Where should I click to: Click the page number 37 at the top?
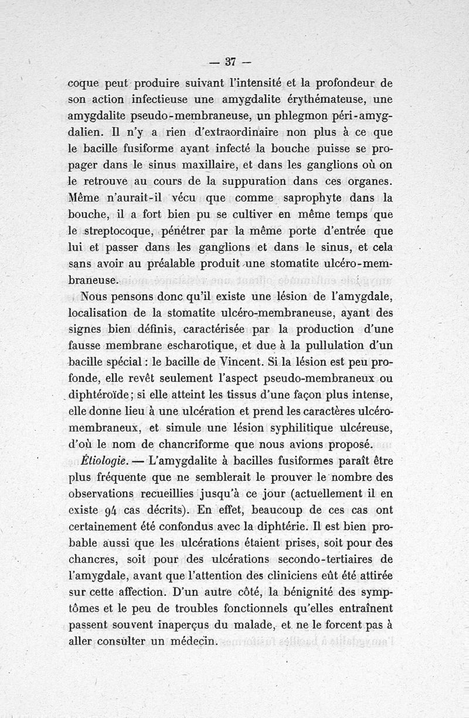(x=230, y=61)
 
